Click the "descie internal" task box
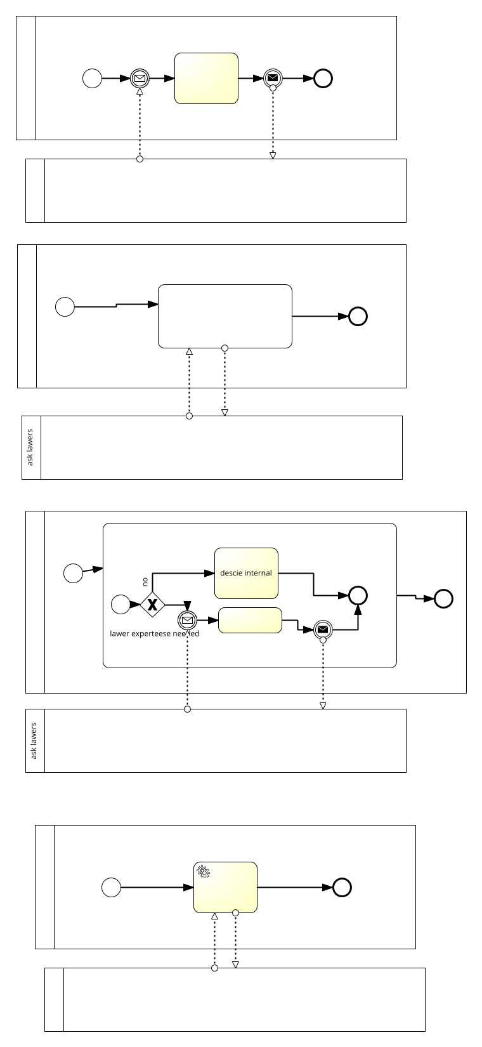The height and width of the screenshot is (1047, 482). pyautogui.click(x=246, y=573)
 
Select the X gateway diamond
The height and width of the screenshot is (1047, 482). pyautogui.click(x=152, y=604)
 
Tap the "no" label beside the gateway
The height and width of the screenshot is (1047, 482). pyautogui.click(x=145, y=581)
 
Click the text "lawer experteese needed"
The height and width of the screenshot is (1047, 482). pyautogui.click(x=154, y=633)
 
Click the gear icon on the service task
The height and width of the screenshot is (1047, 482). pyautogui.click(x=203, y=871)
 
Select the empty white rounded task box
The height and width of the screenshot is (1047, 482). pyautogui.click(x=225, y=316)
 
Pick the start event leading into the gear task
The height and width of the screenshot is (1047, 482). pyautogui.click(x=112, y=887)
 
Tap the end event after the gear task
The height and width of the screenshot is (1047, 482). pyautogui.click(x=342, y=887)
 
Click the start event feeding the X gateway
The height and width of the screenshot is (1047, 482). pyautogui.click(x=120, y=604)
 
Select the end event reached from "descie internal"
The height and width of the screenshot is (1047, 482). pyautogui.click(x=358, y=595)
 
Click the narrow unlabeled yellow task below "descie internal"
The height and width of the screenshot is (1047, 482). pyautogui.click(x=250, y=620)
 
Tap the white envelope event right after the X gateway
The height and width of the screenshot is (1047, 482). pyautogui.click(x=187, y=620)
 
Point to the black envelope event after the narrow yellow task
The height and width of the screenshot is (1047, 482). pyautogui.click(x=323, y=629)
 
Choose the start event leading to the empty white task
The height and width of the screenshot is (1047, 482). pyautogui.click(x=65, y=306)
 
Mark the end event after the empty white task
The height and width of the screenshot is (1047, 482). pyautogui.click(x=358, y=316)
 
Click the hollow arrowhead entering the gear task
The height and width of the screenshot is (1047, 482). pyautogui.click(x=214, y=916)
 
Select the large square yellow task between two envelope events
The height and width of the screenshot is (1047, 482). pyautogui.click(x=206, y=78)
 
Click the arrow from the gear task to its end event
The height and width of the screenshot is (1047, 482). pyautogui.click(x=295, y=887)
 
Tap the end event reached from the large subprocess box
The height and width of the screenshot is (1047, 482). pyautogui.click(x=444, y=598)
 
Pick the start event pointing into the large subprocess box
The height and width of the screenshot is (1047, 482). pyautogui.click(x=74, y=573)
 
